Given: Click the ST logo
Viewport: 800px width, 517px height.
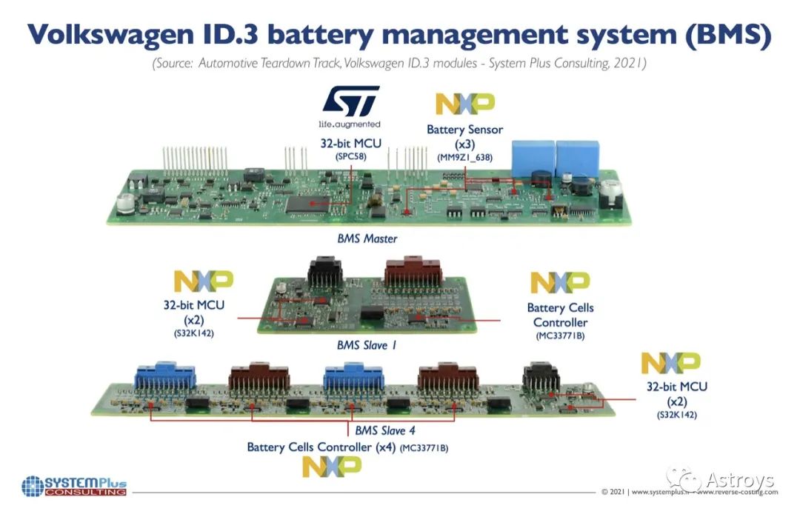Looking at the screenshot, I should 351,101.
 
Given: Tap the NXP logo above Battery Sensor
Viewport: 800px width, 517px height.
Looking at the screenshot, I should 464,104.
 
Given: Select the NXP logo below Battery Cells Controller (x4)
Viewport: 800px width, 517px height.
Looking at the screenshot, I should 332,465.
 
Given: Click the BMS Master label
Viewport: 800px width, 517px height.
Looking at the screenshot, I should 367,239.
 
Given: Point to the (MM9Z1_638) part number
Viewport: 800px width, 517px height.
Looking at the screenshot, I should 464,157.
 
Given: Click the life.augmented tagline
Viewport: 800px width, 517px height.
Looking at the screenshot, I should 350,124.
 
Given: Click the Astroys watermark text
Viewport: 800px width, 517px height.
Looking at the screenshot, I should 739,480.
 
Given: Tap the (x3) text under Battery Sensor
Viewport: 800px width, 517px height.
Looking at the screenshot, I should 464,144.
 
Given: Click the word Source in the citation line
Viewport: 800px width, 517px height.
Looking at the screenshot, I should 178,64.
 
